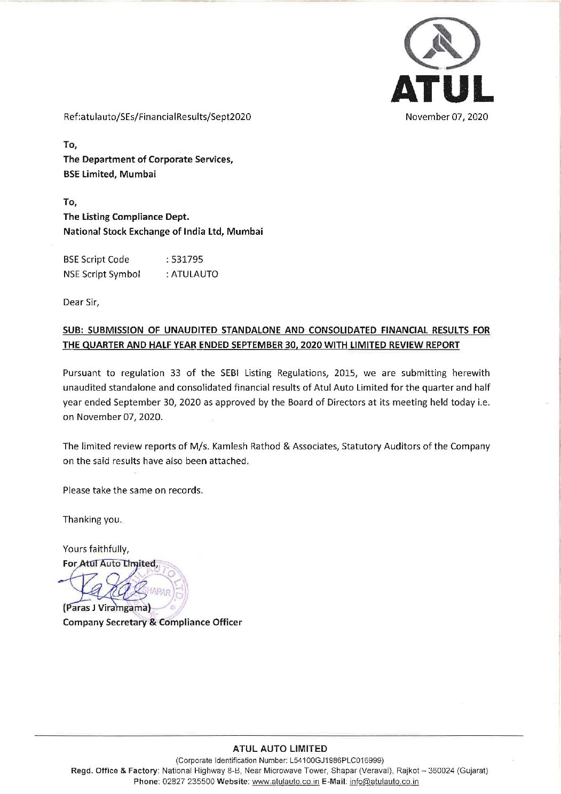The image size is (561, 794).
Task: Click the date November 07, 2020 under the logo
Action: pos(446,116)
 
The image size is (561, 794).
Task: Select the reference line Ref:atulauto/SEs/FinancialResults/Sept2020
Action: pos(157,116)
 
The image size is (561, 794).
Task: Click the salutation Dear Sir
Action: pos(81,302)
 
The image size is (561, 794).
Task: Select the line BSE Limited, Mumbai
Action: pos(109,174)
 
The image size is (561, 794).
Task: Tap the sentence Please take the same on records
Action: pos(133,490)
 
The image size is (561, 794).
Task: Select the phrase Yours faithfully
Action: pos(96,549)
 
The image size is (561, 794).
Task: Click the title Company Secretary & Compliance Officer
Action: pos(152,622)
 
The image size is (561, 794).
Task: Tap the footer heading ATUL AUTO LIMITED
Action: pos(280,749)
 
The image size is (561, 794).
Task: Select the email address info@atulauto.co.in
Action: pos(384,782)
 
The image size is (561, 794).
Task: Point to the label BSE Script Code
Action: pos(96,259)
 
